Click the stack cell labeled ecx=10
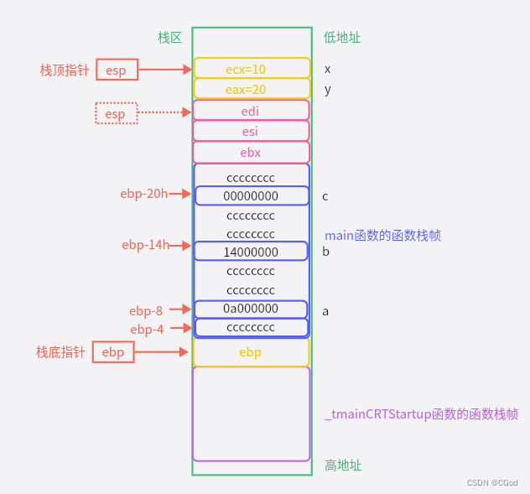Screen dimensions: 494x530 251,69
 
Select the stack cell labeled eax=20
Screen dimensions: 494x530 251,89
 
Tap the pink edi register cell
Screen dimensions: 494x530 251,111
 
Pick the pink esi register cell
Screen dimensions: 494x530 251,132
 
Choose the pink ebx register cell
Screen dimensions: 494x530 251,153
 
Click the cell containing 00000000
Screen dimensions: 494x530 251,196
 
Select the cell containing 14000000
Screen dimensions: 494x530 251,252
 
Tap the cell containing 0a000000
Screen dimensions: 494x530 251,309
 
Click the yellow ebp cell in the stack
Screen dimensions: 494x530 251,352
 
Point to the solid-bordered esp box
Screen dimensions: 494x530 117,70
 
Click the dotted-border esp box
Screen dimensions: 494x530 116,113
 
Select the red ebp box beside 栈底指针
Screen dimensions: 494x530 113,352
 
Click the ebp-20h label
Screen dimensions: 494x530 143,194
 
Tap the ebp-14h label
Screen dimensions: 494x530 144,245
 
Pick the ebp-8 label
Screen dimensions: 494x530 146,310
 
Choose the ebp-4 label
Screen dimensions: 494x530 147,330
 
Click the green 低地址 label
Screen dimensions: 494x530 342,37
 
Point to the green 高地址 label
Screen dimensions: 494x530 343,465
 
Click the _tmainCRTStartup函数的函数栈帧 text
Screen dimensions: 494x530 421,414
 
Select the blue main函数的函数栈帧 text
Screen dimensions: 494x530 382,236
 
